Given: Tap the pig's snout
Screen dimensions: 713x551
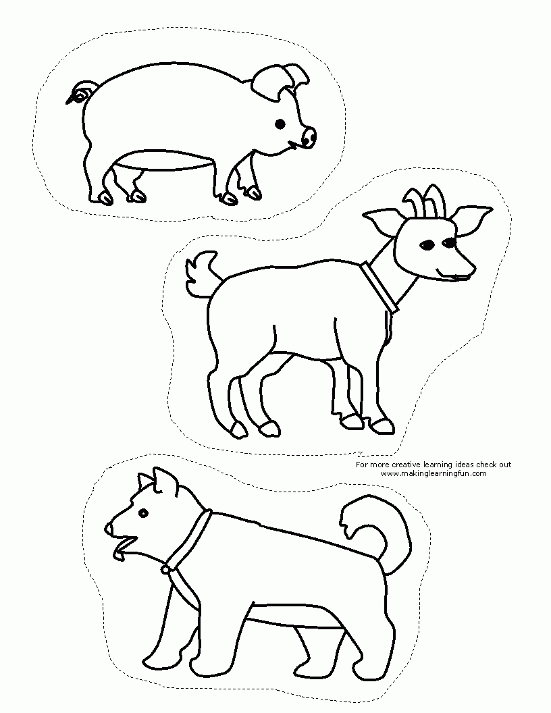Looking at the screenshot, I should point(308,137).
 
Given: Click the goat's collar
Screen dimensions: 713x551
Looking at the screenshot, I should point(380,288).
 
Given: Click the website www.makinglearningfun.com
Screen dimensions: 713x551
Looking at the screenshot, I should point(434,473).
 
